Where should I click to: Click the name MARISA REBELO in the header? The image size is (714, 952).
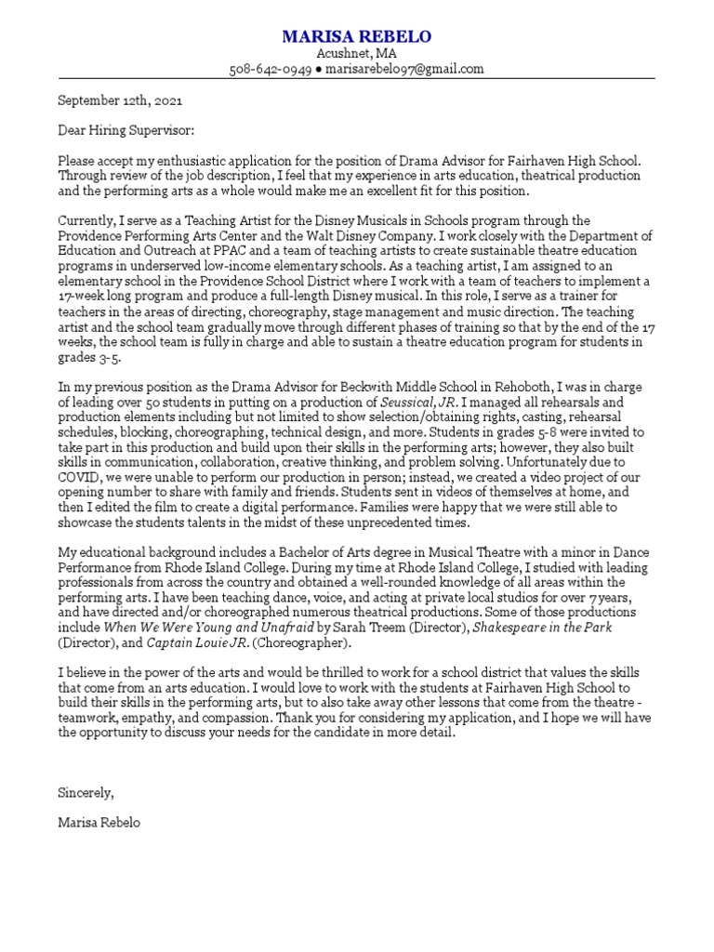click(x=357, y=36)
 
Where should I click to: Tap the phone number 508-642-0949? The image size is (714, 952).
click(x=270, y=69)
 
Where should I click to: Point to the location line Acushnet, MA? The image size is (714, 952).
click(x=357, y=54)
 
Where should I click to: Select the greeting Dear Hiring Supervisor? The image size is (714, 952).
click(x=126, y=131)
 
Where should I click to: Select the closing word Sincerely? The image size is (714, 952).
click(x=86, y=793)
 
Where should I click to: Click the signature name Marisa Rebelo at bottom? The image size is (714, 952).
click(x=99, y=823)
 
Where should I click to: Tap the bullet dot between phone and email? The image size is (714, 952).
click(x=317, y=70)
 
